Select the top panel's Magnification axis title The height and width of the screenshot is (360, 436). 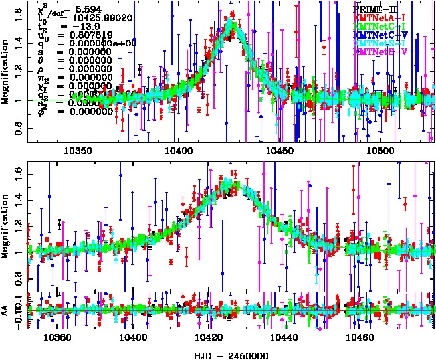(6, 73)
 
